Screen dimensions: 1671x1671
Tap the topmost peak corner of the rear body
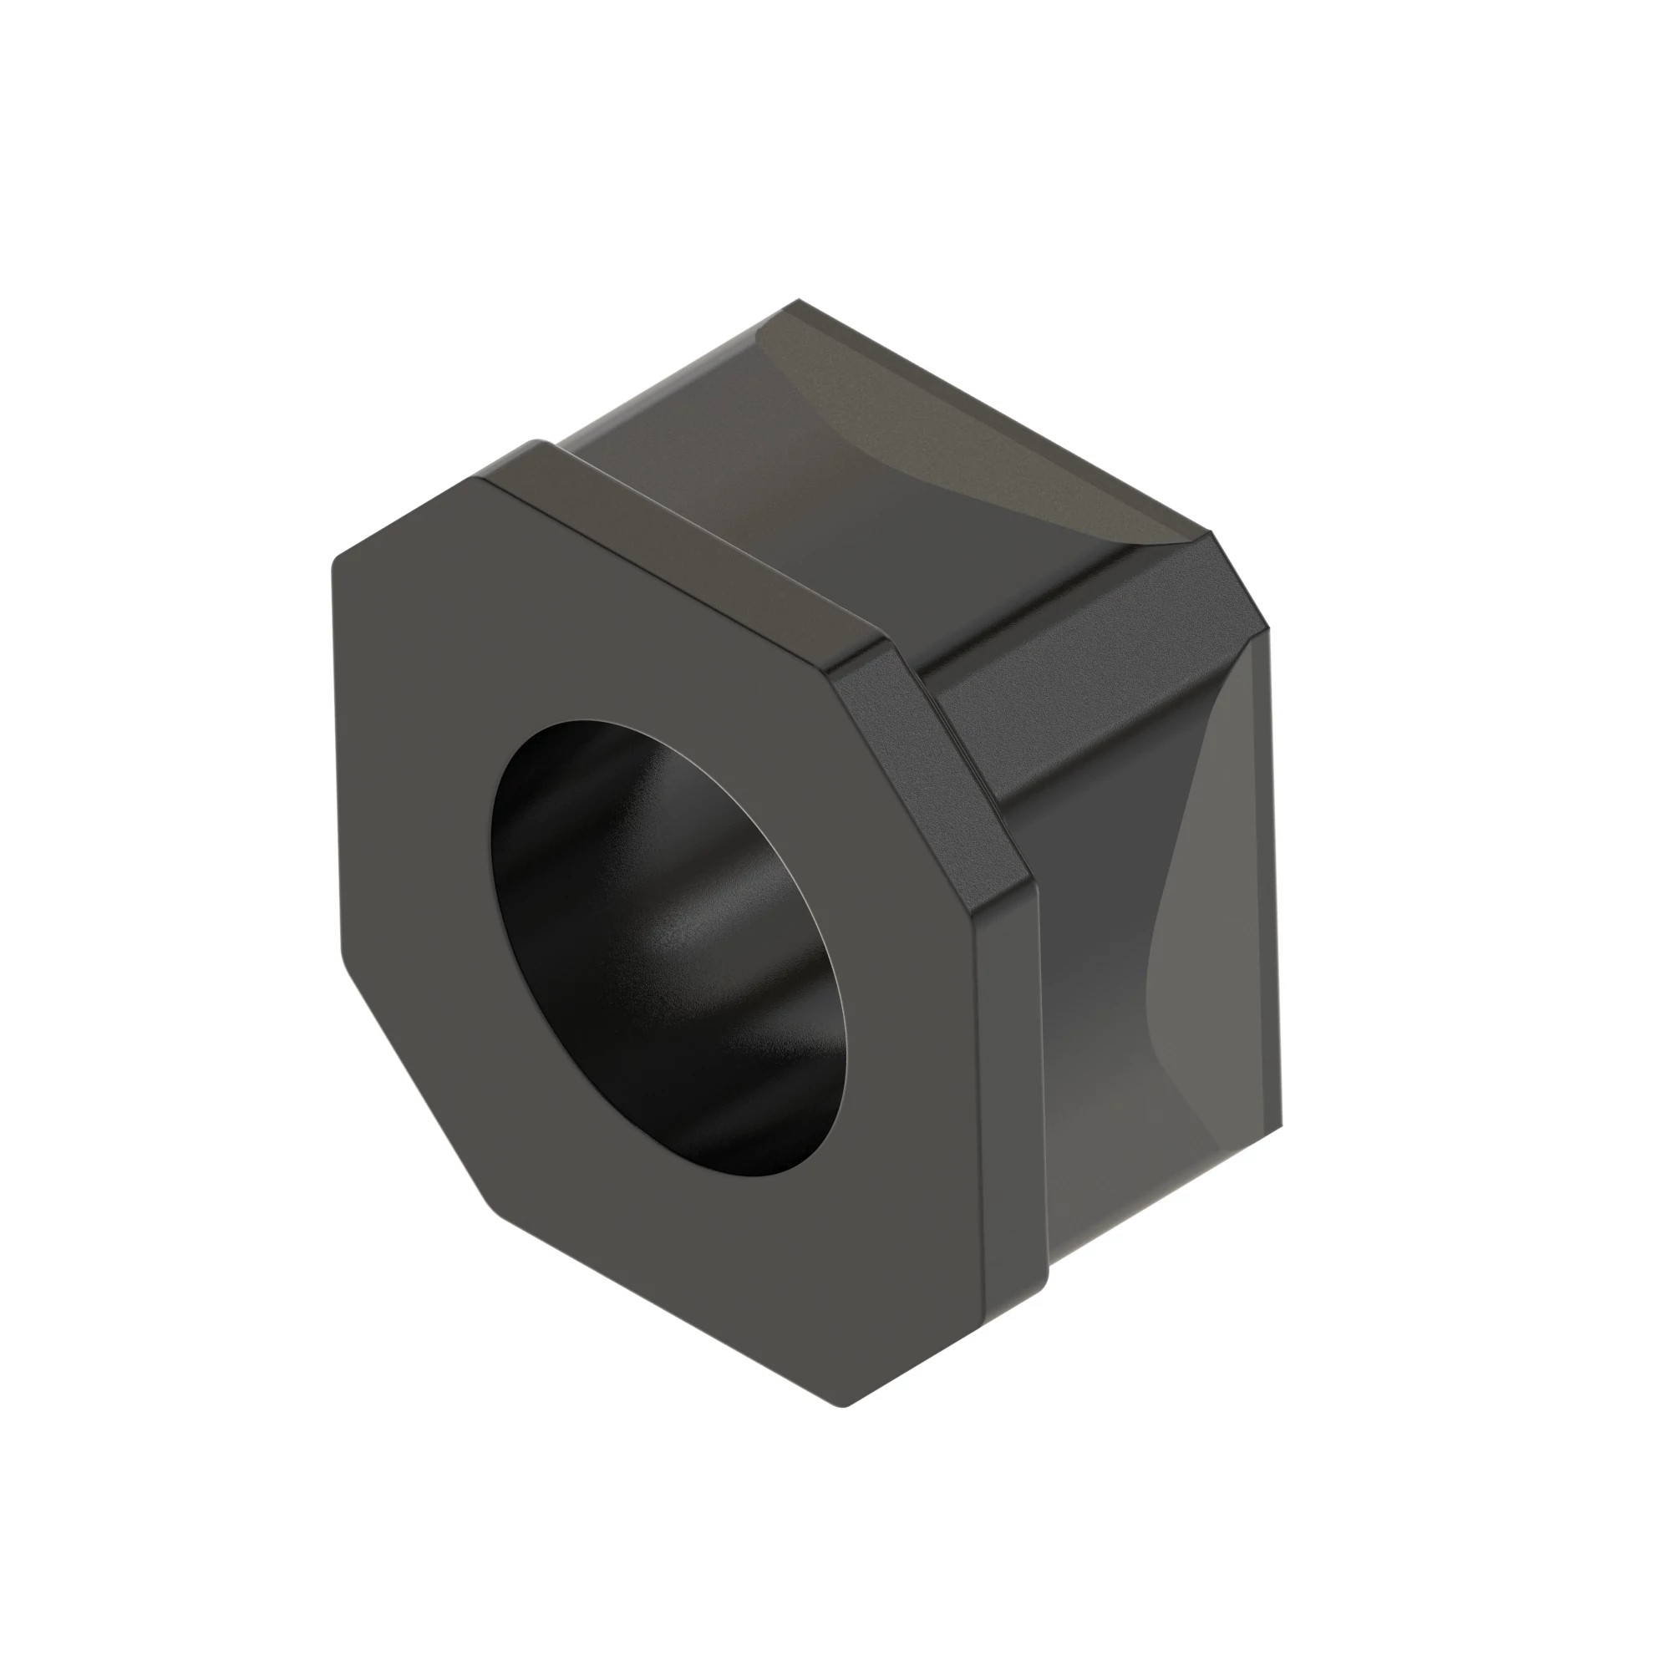coord(798,301)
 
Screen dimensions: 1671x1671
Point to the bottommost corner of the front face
coord(843,1404)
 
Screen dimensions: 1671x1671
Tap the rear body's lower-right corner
coord(1280,1125)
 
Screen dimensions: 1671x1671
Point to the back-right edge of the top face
coord(1003,417)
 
